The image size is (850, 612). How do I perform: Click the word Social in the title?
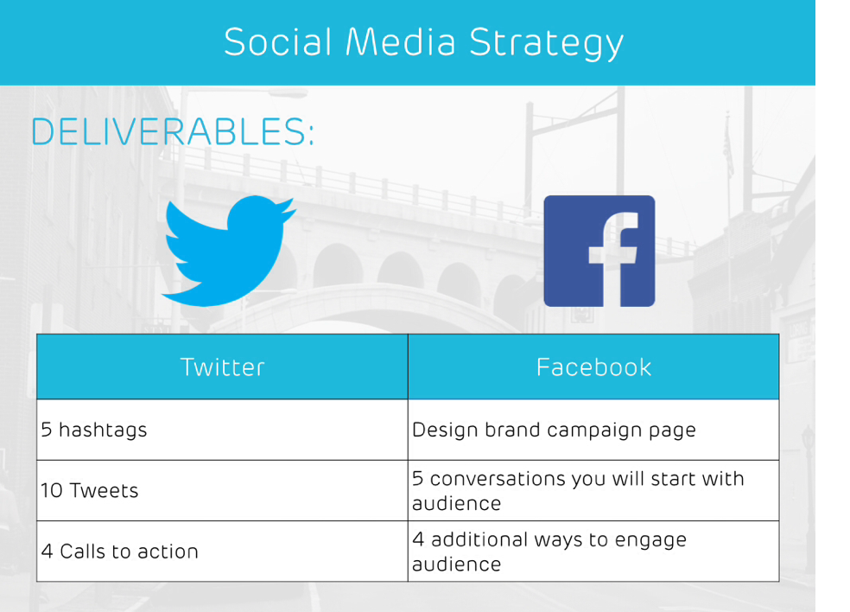click(277, 42)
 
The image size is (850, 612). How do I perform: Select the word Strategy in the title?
click(547, 43)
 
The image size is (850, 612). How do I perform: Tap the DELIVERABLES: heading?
click(173, 132)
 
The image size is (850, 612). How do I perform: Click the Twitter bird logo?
click(228, 251)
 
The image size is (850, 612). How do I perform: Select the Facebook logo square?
click(599, 252)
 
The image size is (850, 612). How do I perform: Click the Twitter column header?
click(222, 367)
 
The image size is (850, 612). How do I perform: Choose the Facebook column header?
click(593, 367)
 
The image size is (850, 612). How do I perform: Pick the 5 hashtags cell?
click(222, 430)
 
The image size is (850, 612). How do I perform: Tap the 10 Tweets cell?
click(222, 490)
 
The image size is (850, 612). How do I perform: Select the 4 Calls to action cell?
click(222, 551)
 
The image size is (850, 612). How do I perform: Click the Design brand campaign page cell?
click(593, 430)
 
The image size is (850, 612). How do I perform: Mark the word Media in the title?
click(400, 42)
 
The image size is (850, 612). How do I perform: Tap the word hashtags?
click(103, 430)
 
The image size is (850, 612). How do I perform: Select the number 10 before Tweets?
click(52, 490)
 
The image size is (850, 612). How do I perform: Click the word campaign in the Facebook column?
click(594, 430)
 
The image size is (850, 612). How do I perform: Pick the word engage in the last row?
click(650, 541)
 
